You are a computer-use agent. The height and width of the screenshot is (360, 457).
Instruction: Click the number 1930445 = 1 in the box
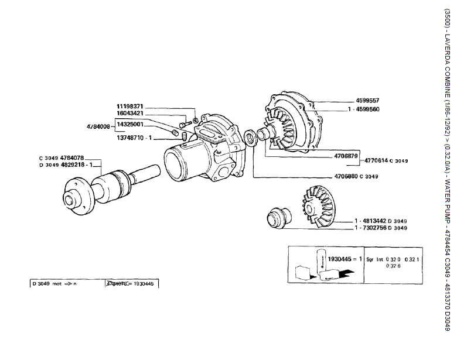(344, 258)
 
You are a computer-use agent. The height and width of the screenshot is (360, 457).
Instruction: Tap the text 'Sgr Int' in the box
(377, 258)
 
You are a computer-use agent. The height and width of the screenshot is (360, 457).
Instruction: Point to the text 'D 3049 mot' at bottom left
(47, 283)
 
